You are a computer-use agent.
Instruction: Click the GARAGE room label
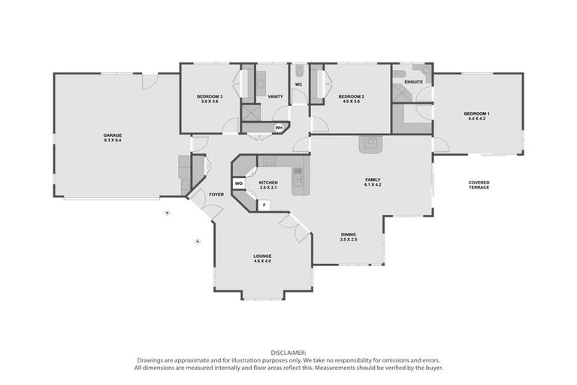click(x=113, y=135)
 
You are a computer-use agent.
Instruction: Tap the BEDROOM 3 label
click(x=210, y=96)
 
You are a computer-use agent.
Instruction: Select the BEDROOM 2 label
click(x=351, y=96)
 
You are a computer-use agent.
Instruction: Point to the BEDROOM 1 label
click(x=477, y=113)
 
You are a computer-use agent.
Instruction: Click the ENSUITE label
click(x=413, y=81)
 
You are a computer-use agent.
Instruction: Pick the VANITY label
click(x=275, y=96)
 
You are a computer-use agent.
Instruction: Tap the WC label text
click(x=298, y=84)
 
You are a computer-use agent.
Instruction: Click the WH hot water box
click(x=278, y=128)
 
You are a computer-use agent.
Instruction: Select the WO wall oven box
click(x=238, y=183)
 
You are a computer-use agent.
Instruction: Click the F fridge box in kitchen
click(x=264, y=204)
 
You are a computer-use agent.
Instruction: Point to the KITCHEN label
click(x=268, y=182)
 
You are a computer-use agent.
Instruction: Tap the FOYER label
click(x=216, y=194)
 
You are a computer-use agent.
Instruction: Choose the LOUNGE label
click(x=262, y=256)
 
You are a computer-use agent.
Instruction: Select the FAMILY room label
click(x=373, y=179)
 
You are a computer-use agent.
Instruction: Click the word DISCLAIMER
click(x=288, y=352)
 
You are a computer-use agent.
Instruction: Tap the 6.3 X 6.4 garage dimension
click(x=113, y=141)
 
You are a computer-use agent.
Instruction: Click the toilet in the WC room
click(x=298, y=70)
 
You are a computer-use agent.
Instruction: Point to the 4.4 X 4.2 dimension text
click(x=477, y=118)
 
